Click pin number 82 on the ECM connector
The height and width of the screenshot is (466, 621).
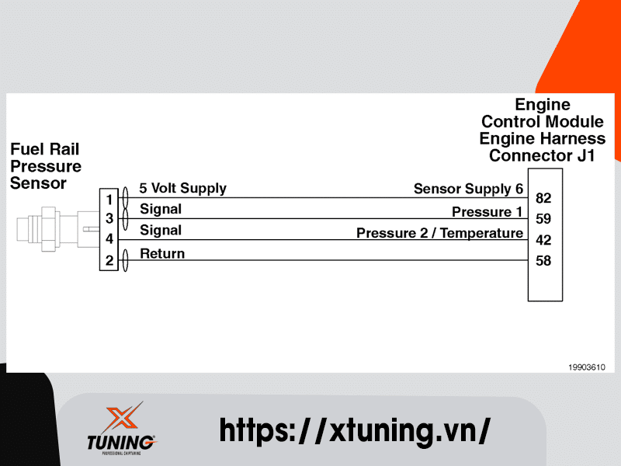coord(543,199)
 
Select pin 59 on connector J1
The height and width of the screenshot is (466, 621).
coord(543,220)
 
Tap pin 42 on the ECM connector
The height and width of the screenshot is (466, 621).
coord(543,241)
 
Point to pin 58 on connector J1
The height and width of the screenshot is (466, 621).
coord(543,261)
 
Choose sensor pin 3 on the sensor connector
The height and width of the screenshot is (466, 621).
coord(109,219)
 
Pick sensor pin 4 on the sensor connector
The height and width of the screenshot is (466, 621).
coord(109,240)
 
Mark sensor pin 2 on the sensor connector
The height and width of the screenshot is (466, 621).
coord(109,262)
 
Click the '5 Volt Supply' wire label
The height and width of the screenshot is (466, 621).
coord(182,188)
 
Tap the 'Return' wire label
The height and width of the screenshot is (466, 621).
coord(162,253)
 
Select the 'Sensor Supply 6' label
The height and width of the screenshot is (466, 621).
coord(468,189)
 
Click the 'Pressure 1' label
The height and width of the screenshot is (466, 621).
coord(487,212)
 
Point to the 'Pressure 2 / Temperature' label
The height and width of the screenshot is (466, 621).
coord(439,233)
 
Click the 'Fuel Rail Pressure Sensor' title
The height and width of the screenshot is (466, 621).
coord(45,166)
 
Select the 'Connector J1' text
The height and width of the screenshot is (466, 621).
coord(542,156)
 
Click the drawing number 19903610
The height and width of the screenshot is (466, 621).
coord(586,367)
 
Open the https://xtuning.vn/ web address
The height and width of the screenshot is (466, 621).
coord(355,429)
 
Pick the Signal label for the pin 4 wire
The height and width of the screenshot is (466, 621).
coord(161,231)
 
